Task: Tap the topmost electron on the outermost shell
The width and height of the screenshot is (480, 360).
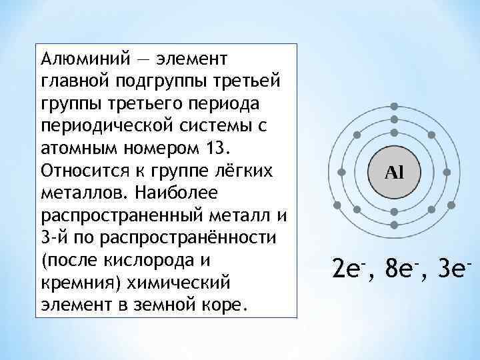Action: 395,106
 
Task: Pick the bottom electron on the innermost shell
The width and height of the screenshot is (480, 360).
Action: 394,212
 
